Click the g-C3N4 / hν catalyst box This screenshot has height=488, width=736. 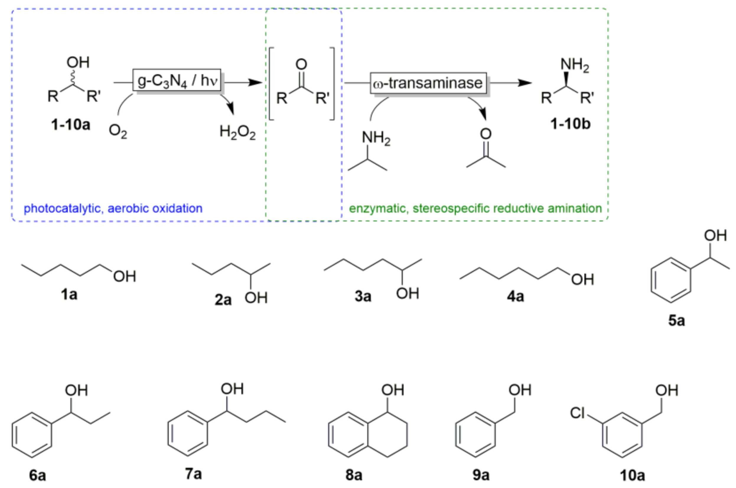point(177,81)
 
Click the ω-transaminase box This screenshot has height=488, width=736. point(428,83)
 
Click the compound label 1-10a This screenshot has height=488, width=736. point(71,125)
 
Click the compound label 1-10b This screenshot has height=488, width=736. point(570,124)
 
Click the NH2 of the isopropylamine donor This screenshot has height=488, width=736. point(376,138)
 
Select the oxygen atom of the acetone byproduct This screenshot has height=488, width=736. point(486,134)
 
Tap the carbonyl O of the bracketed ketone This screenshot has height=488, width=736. point(301,64)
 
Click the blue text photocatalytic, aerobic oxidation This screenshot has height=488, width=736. point(113,208)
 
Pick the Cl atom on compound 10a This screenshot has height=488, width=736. point(577,413)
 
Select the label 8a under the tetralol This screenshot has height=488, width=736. point(354,475)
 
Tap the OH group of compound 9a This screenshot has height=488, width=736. point(520,390)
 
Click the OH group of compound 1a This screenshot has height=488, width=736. point(124,276)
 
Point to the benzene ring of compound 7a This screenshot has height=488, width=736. point(188,434)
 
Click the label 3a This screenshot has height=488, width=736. point(363,296)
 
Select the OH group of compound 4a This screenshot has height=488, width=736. point(582,279)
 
